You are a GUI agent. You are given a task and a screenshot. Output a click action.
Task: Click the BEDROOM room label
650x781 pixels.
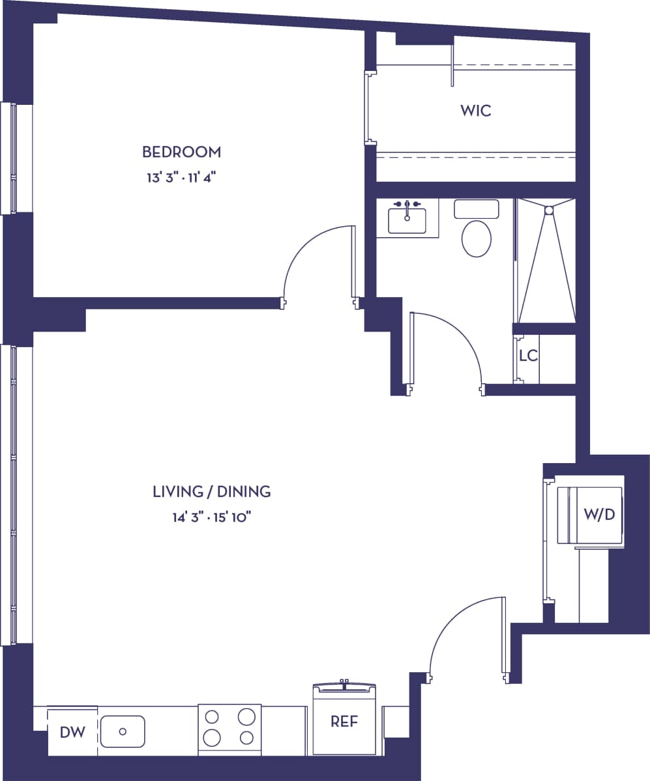[181, 152]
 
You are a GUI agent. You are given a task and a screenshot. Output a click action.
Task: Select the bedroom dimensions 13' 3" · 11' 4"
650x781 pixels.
[181, 178]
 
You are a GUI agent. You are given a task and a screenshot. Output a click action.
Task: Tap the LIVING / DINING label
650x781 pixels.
[211, 492]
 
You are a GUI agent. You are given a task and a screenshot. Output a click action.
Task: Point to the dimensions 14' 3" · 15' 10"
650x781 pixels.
[211, 518]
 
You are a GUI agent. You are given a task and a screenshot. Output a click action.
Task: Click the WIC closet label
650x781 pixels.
[475, 111]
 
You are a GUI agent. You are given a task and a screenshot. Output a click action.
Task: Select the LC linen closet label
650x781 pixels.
[528, 356]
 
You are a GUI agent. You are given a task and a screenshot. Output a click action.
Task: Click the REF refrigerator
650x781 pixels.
[344, 722]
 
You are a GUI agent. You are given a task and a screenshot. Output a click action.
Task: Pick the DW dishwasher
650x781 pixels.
[72, 732]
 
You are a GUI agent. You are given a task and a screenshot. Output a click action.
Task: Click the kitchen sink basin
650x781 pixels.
[123, 731]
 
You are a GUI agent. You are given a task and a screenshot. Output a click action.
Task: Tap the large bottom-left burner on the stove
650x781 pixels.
[212, 738]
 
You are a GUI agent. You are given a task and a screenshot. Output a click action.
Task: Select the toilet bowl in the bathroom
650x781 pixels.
[477, 238]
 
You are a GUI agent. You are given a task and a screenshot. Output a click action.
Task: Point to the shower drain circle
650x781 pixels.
[548, 210]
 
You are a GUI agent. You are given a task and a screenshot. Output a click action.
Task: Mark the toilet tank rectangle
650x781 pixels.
[477, 209]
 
